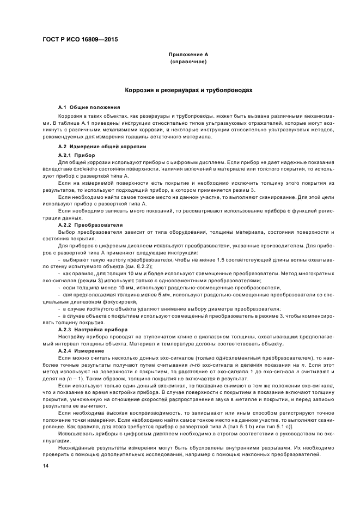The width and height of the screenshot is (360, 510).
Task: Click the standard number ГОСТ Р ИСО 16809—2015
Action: tap(80, 40)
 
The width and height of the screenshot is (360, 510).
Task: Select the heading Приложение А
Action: tap(188, 55)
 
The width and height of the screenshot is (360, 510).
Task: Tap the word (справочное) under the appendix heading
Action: tap(188, 62)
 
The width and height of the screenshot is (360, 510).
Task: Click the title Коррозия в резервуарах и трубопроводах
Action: tap(188, 90)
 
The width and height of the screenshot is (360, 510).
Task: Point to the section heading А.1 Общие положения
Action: tap(89, 107)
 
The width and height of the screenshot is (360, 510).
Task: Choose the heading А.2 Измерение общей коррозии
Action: tap(102, 147)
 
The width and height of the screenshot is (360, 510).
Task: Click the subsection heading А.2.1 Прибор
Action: tap(76, 155)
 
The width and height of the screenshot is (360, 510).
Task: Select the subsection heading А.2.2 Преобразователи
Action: tap(90, 224)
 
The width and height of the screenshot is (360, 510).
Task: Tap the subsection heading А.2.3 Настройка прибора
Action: tap(93, 330)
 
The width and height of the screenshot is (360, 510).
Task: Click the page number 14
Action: tap(46, 466)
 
